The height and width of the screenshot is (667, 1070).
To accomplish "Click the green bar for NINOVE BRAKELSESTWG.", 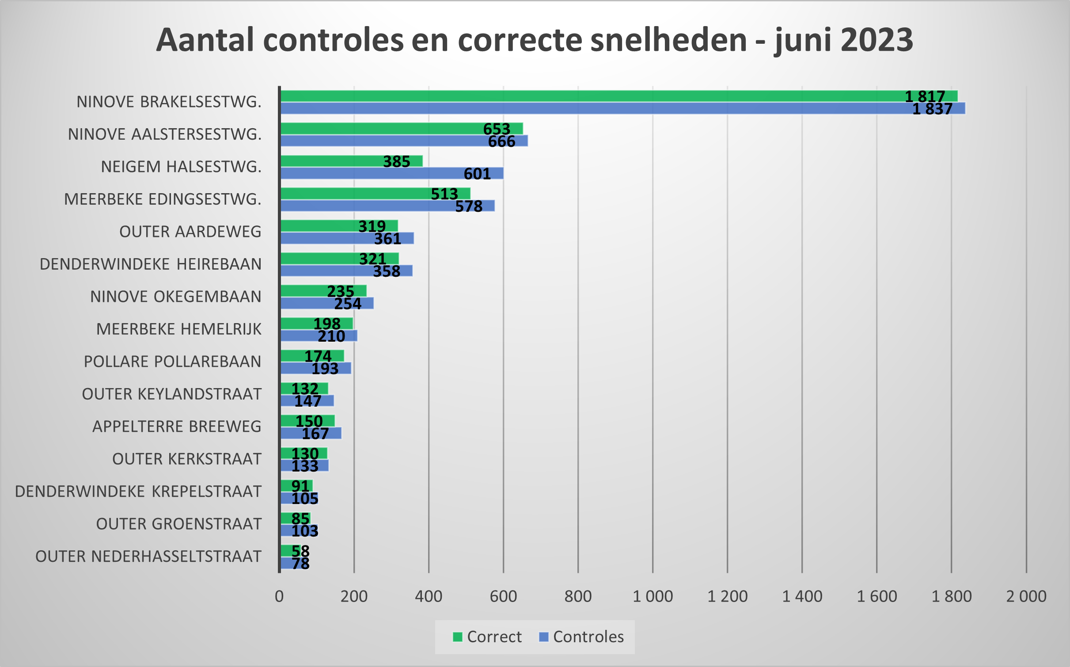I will pos(574,96).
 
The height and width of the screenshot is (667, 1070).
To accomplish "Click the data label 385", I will pos(396,162).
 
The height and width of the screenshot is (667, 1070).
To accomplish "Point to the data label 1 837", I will pos(932,109).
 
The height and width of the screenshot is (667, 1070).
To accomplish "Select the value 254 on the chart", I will pos(348,304).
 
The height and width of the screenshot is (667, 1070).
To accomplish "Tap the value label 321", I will pos(372,259).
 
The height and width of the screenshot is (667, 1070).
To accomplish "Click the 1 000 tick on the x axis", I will pos(653,596).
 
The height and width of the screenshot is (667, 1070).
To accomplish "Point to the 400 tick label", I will pos(428,596).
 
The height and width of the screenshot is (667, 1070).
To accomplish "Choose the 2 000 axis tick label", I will pos(1026,596).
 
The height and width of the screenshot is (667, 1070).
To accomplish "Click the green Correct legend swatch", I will pos(457,637).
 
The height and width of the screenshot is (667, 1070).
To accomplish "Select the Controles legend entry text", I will pos(588,637).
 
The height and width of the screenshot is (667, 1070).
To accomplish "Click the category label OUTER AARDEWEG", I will pos(190,232).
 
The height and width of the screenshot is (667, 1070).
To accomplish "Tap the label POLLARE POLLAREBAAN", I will pos(172,362).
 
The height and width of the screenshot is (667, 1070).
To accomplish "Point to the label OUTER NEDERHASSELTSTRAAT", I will pos(148,556).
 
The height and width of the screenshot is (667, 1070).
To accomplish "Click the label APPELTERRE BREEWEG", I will pos(177,427).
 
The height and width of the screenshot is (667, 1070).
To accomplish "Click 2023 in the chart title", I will pos(877,40).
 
